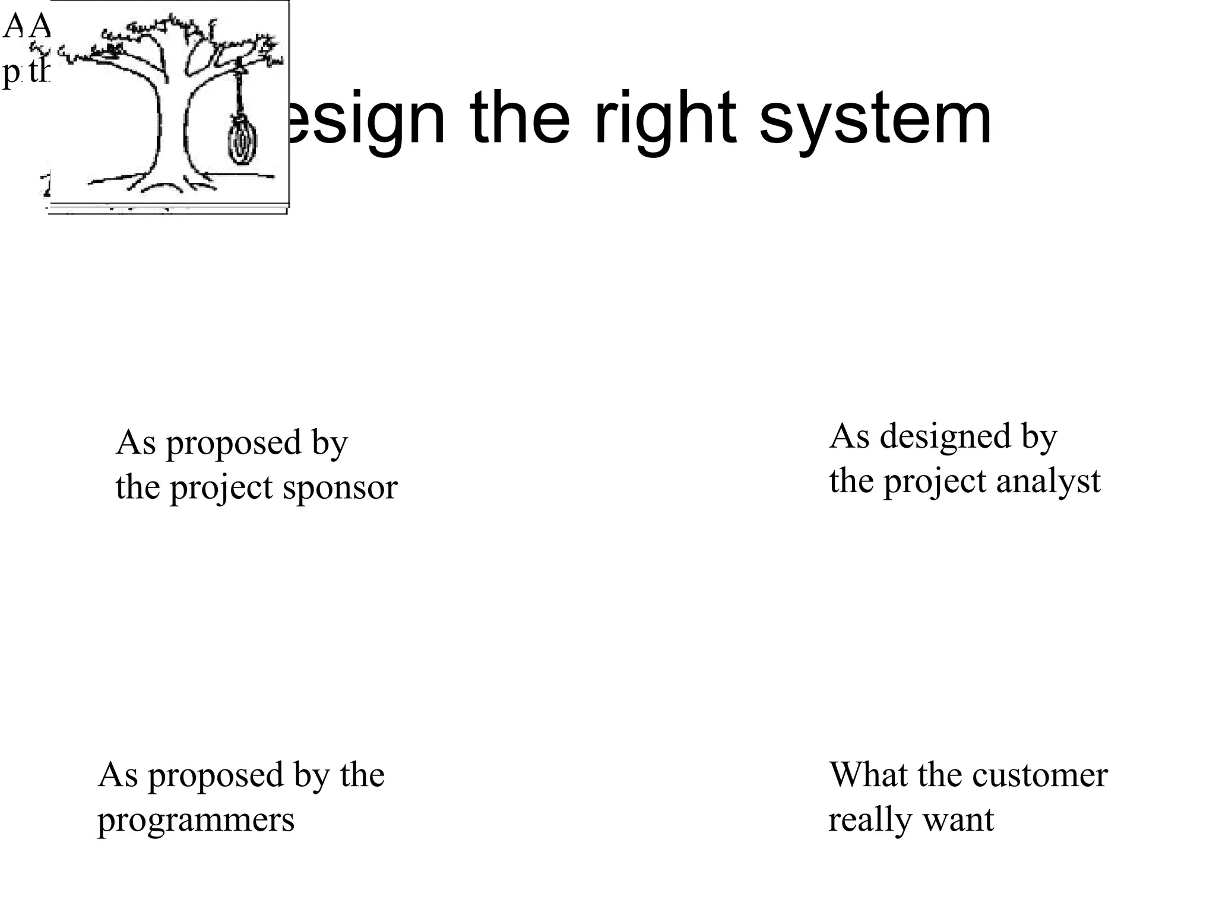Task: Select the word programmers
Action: (196, 821)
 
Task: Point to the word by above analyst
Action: (1039, 438)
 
